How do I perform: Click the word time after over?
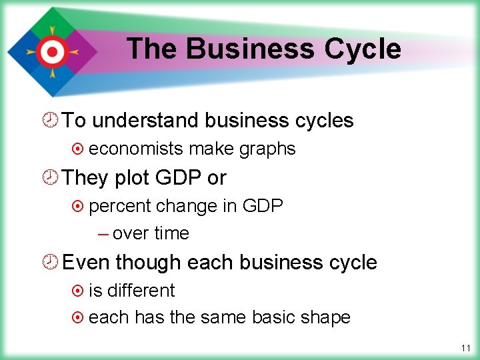click(171, 233)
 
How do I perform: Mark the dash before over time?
click(103, 233)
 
